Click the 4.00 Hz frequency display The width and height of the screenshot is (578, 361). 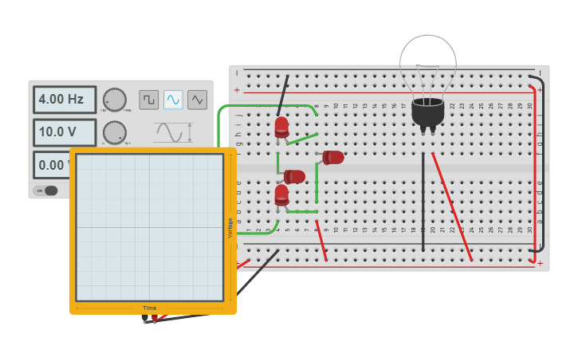point(64,100)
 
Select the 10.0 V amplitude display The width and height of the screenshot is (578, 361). point(64,132)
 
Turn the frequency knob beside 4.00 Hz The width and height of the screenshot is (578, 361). point(115,100)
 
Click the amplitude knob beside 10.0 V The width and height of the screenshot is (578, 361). point(115,132)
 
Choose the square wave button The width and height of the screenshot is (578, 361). point(149,100)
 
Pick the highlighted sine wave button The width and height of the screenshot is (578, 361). point(173,100)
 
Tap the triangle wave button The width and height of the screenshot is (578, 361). point(197,100)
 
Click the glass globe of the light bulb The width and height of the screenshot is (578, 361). point(428,65)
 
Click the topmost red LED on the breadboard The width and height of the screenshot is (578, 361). point(281,126)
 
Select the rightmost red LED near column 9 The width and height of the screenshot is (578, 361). point(333,157)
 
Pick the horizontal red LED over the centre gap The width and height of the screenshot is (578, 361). point(294,176)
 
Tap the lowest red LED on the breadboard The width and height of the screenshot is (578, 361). point(281,194)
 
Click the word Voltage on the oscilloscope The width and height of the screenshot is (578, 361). point(230,228)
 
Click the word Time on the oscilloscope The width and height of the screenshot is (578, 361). point(150,308)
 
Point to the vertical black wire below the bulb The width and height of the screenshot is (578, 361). point(423,202)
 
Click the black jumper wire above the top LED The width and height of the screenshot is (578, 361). point(283,96)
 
